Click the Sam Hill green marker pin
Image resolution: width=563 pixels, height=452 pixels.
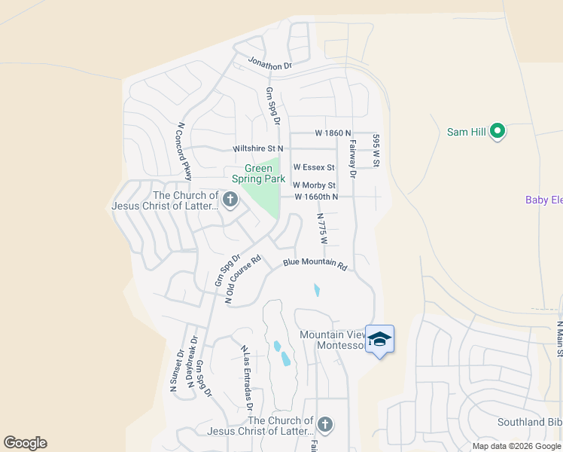coord(497,132)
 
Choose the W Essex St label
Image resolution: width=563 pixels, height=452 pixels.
coord(314,166)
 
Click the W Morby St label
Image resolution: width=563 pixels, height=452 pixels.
coord(314,185)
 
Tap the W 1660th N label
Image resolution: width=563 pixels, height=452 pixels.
coord(316,197)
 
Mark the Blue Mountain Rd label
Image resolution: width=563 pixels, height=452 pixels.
coord(315,264)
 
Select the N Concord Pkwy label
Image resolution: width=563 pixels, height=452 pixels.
coord(184,151)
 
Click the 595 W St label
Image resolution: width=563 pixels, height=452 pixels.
coord(375,151)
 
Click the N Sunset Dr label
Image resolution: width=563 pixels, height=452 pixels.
coord(176,371)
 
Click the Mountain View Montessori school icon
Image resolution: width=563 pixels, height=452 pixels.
coord(380,339)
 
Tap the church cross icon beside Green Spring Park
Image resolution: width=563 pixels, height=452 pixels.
coord(230,200)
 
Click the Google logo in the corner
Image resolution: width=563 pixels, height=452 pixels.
coord(25,443)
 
